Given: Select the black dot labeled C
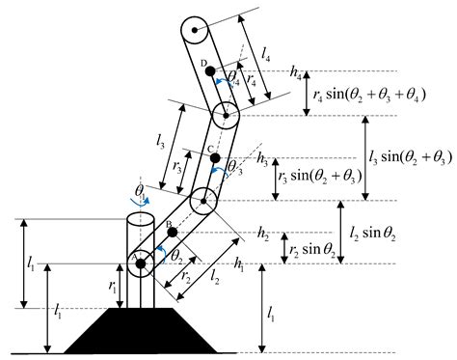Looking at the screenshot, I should click(215, 157).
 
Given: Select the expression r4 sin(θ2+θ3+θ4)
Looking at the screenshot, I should click(370, 94).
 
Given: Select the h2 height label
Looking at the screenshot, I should click(263, 233).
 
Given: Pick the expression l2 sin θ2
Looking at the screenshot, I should click(379, 232).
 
